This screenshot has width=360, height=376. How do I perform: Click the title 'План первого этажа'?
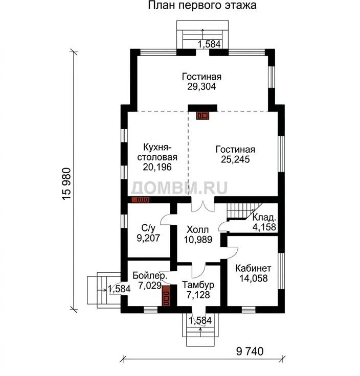[202, 5]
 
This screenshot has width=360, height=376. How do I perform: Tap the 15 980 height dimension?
[66, 184]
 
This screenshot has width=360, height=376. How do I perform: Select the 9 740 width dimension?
[250, 351]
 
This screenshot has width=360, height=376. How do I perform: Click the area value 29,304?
[201, 86]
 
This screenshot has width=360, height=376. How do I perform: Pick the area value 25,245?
[235, 159]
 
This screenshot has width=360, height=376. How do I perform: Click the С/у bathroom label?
[149, 228]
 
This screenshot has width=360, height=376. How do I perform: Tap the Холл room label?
[198, 230]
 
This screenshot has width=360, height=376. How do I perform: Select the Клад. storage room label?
[264, 218]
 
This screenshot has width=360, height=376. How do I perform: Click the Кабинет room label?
[253, 268]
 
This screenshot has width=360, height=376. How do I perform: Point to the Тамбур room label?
[198, 285]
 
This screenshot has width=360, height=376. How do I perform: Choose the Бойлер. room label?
[150, 275]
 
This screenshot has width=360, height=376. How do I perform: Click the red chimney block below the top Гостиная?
[202, 115]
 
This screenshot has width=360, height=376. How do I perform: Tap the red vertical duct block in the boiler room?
[166, 295]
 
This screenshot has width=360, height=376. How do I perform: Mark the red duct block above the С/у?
[141, 200]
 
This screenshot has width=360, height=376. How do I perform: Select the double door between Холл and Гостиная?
[203, 206]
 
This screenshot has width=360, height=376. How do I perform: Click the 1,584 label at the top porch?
[209, 44]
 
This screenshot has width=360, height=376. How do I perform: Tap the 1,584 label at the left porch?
[119, 289]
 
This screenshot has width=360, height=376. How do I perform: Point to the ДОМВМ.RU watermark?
[179, 187]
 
